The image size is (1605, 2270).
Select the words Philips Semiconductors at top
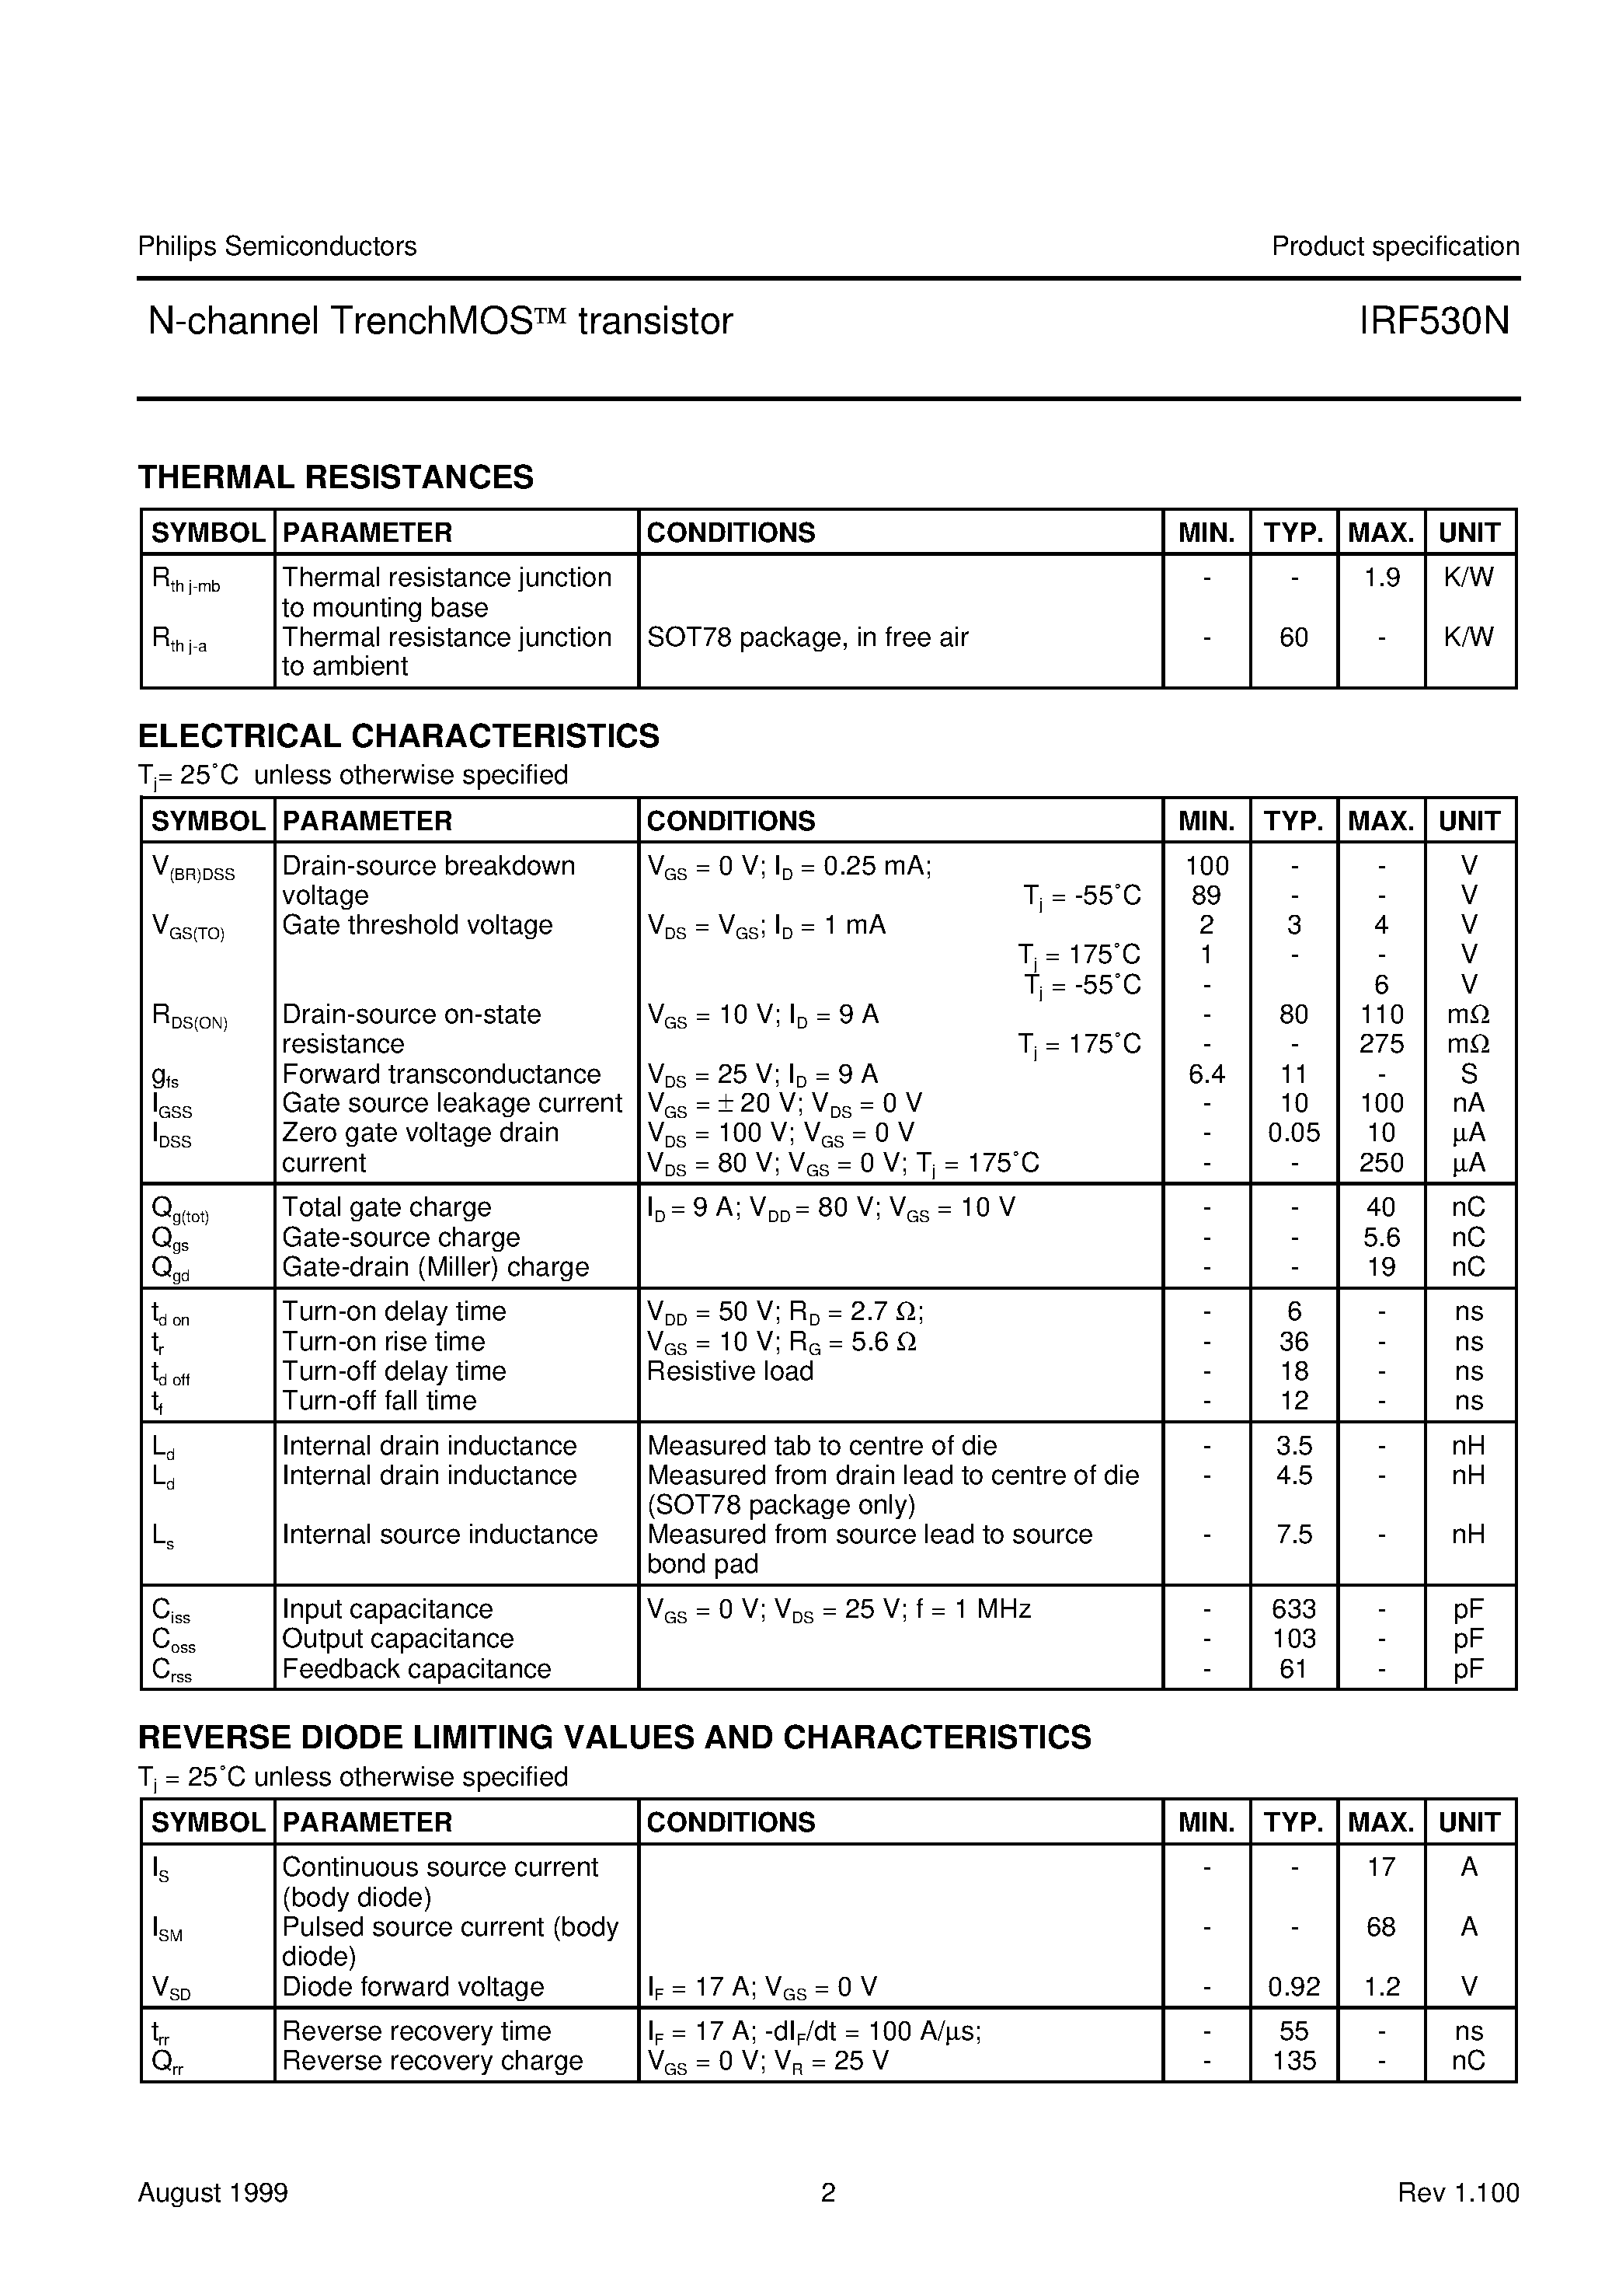[277, 246]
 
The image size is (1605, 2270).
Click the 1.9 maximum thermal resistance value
[1380, 578]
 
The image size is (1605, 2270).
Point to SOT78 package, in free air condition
[807, 637]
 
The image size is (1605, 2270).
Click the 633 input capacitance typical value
[1293, 1609]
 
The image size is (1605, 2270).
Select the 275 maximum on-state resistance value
[1380, 1044]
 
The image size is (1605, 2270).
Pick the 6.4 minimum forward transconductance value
[1206, 1074]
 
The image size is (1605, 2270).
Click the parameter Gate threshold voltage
[417, 925]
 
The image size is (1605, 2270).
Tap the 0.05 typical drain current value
[1293, 1133]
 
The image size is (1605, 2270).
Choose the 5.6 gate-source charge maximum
[1380, 1238]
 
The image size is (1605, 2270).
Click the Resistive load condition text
[729, 1371]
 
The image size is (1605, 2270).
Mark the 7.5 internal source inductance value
[1293, 1535]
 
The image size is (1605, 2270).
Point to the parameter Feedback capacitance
[416, 1669]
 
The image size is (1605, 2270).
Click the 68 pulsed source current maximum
[1380, 1927]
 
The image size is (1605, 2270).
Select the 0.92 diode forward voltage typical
[1293, 1987]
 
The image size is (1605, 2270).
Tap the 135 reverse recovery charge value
[1293, 2062]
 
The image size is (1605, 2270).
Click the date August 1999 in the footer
[213, 2193]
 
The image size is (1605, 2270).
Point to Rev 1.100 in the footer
[1457, 2193]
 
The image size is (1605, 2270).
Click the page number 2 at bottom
[828, 2193]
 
